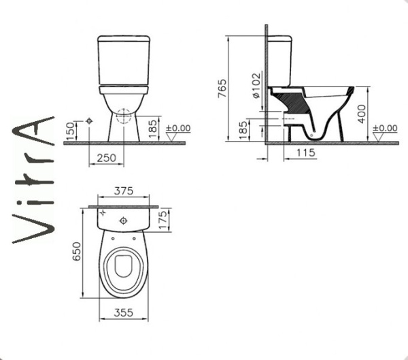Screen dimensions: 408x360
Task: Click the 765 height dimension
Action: click(222, 88)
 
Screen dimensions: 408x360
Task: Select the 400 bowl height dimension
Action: click(362, 114)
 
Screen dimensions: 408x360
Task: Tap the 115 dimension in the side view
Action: click(306, 152)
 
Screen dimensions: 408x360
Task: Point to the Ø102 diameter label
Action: click(256, 86)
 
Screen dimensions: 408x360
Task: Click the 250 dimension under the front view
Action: click(106, 158)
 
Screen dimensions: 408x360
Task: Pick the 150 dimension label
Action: click(70, 131)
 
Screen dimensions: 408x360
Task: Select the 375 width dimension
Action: click(124, 191)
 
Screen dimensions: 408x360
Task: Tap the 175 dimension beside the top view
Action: click(163, 220)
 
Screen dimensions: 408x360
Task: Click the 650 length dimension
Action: click(77, 251)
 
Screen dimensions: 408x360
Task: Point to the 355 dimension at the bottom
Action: click(123, 312)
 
